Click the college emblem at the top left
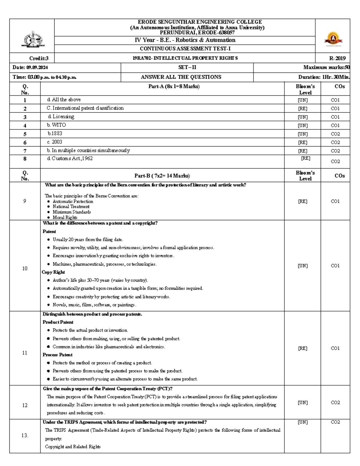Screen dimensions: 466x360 pyautogui.click(x=33, y=39)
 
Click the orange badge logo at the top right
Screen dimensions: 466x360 pyautogui.click(x=333, y=39)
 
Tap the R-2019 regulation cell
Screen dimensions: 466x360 pyautogui.click(x=337, y=59)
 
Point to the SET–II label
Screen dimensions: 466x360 pyautogui.click(x=187, y=68)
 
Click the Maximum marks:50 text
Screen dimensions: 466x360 pyautogui.click(x=326, y=68)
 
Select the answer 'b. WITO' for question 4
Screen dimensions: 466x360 pyautogui.click(x=56, y=125)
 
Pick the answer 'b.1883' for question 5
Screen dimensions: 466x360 pyautogui.click(x=55, y=134)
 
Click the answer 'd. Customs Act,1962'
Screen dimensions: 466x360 pyautogui.click(x=70, y=158)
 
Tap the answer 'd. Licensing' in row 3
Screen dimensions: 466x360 pyautogui.click(x=61, y=117)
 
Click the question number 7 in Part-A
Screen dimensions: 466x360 pyautogui.click(x=25, y=151)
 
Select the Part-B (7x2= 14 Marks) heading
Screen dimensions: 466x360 pyautogui.click(x=162, y=176)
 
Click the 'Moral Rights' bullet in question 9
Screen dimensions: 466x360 pyautogui.click(x=65, y=218)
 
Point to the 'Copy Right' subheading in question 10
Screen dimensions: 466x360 pyautogui.click(x=53, y=272)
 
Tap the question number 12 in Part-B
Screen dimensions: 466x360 pyautogui.click(x=25, y=405)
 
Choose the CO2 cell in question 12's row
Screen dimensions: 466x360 pyautogui.click(x=335, y=403)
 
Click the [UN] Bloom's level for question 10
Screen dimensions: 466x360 pyautogui.click(x=303, y=266)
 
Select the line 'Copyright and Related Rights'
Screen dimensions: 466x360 pyautogui.click(x=73, y=447)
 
